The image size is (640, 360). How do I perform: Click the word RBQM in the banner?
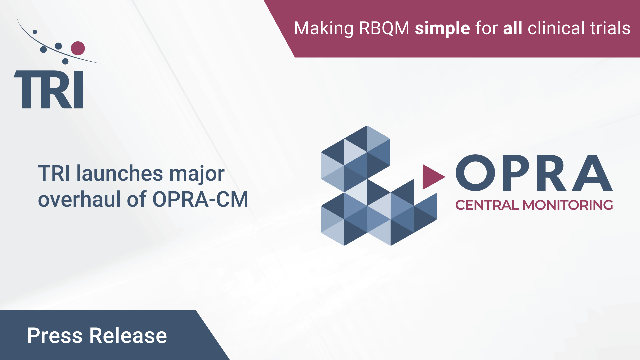(384, 28)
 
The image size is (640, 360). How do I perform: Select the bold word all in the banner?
(512, 28)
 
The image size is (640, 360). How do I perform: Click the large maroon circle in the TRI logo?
(78, 48)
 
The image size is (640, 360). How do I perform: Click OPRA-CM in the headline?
(200, 199)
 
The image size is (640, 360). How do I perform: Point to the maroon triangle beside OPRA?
(432, 177)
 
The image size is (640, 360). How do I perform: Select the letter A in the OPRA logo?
(592, 173)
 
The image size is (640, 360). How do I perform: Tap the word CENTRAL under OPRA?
(487, 205)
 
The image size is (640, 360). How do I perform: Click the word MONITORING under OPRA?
(568, 205)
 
